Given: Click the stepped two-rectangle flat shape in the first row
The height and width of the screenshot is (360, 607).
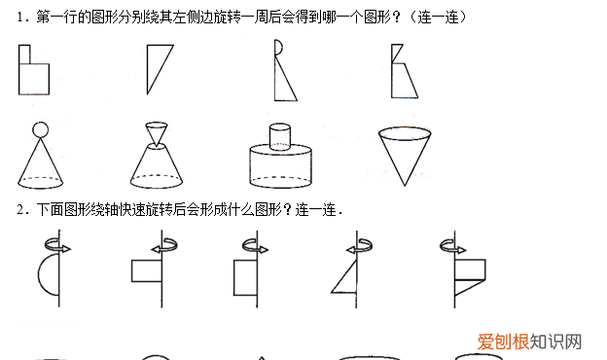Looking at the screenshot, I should (x=33, y=74).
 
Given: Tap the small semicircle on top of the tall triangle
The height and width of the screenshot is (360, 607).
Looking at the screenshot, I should (x=279, y=46).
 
